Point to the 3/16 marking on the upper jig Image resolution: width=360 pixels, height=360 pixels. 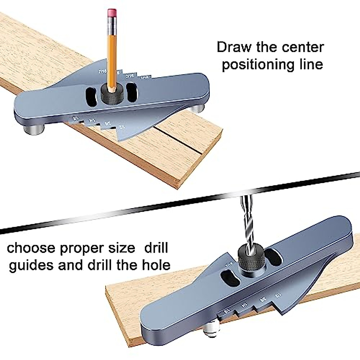point(130,76)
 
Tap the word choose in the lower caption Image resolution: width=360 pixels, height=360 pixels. point(31,248)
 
